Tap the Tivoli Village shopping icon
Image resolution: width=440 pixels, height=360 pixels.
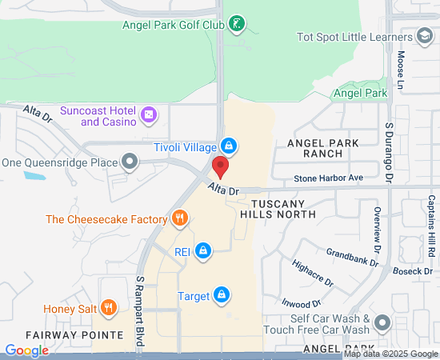pos(229,146)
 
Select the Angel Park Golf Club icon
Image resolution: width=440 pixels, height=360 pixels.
pos(236,25)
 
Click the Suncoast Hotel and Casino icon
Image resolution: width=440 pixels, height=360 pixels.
pos(148,116)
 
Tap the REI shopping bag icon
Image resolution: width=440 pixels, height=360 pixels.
pos(204,251)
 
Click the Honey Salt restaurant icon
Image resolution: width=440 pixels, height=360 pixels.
pos(110,308)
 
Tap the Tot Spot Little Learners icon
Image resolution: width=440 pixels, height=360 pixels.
pos(424,36)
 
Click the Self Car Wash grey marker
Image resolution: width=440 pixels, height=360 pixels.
pos(382,323)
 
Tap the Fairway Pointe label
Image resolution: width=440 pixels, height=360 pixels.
pos(61,335)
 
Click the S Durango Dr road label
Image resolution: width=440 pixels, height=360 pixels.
pos(390,151)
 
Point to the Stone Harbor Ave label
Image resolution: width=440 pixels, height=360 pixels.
pos(328,177)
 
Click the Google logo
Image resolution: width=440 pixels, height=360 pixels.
pos(26,350)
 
